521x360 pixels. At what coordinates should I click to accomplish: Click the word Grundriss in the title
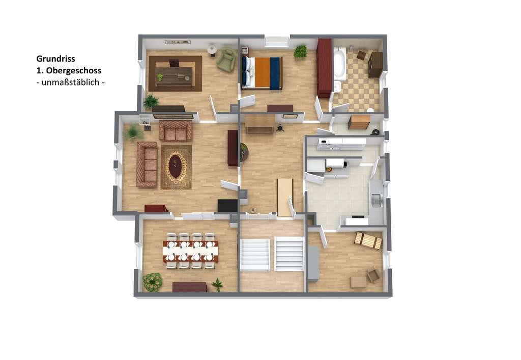(x=55, y=59)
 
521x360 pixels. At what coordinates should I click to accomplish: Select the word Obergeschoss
(x=73, y=70)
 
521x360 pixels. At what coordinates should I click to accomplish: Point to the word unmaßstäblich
(x=70, y=82)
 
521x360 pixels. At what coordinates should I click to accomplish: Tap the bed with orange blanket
(x=262, y=73)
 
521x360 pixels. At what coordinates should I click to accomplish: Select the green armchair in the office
(x=227, y=59)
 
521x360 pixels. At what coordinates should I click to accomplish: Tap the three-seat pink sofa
(x=147, y=165)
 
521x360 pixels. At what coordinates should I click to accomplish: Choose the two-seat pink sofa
(x=175, y=131)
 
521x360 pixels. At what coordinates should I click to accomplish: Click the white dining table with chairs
(x=190, y=251)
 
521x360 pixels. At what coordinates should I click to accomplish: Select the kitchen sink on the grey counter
(x=376, y=200)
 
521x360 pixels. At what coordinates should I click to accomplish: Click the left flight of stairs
(x=255, y=254)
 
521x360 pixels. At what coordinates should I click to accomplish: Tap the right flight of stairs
(x=289, y=254)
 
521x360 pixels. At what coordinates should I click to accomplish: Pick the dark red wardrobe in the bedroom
(x=324, y=68)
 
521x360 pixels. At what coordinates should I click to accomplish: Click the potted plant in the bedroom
(x=300, y=51)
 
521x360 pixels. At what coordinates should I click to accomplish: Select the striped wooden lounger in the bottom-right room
(x=368, y=241)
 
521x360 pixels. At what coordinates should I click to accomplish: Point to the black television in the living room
(x=227, y=206)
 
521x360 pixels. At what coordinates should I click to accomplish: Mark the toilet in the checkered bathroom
(x=370, y=109)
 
